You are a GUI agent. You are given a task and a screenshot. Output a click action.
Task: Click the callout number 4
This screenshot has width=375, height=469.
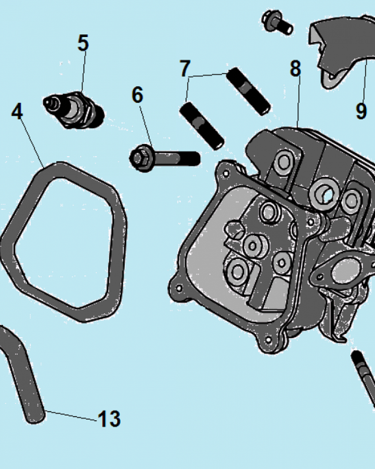17,111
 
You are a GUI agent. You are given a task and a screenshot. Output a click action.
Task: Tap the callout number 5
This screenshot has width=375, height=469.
83,43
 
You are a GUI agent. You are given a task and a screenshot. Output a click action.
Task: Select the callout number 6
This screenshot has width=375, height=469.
137,95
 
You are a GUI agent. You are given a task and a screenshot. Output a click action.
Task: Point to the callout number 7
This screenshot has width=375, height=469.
185,68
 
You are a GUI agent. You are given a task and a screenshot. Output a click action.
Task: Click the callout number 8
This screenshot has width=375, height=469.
295,68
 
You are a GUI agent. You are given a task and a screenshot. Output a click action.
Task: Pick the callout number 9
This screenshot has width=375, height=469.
361,111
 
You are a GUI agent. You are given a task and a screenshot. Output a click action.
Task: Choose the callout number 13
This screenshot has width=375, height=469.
109,419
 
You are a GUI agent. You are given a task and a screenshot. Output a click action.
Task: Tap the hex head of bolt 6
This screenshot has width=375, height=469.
141,158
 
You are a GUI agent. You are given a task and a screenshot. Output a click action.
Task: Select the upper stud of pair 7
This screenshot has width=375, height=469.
248,91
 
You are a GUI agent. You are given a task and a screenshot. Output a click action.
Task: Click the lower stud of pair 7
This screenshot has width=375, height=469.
202,126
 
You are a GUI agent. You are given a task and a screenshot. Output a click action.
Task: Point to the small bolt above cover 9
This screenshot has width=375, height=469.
277,23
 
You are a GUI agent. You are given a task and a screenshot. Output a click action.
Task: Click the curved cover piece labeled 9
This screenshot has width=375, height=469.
341,51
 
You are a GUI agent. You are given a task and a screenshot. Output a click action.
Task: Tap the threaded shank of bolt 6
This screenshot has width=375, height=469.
176,159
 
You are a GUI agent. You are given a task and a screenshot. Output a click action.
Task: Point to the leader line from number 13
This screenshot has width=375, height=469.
71,416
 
